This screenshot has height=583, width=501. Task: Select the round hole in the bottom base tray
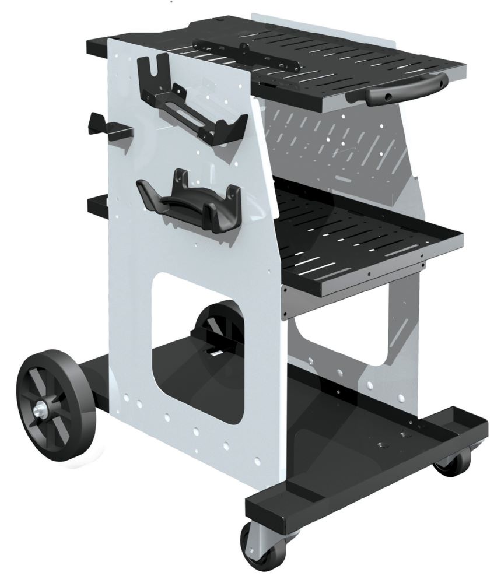coord(384,445)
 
